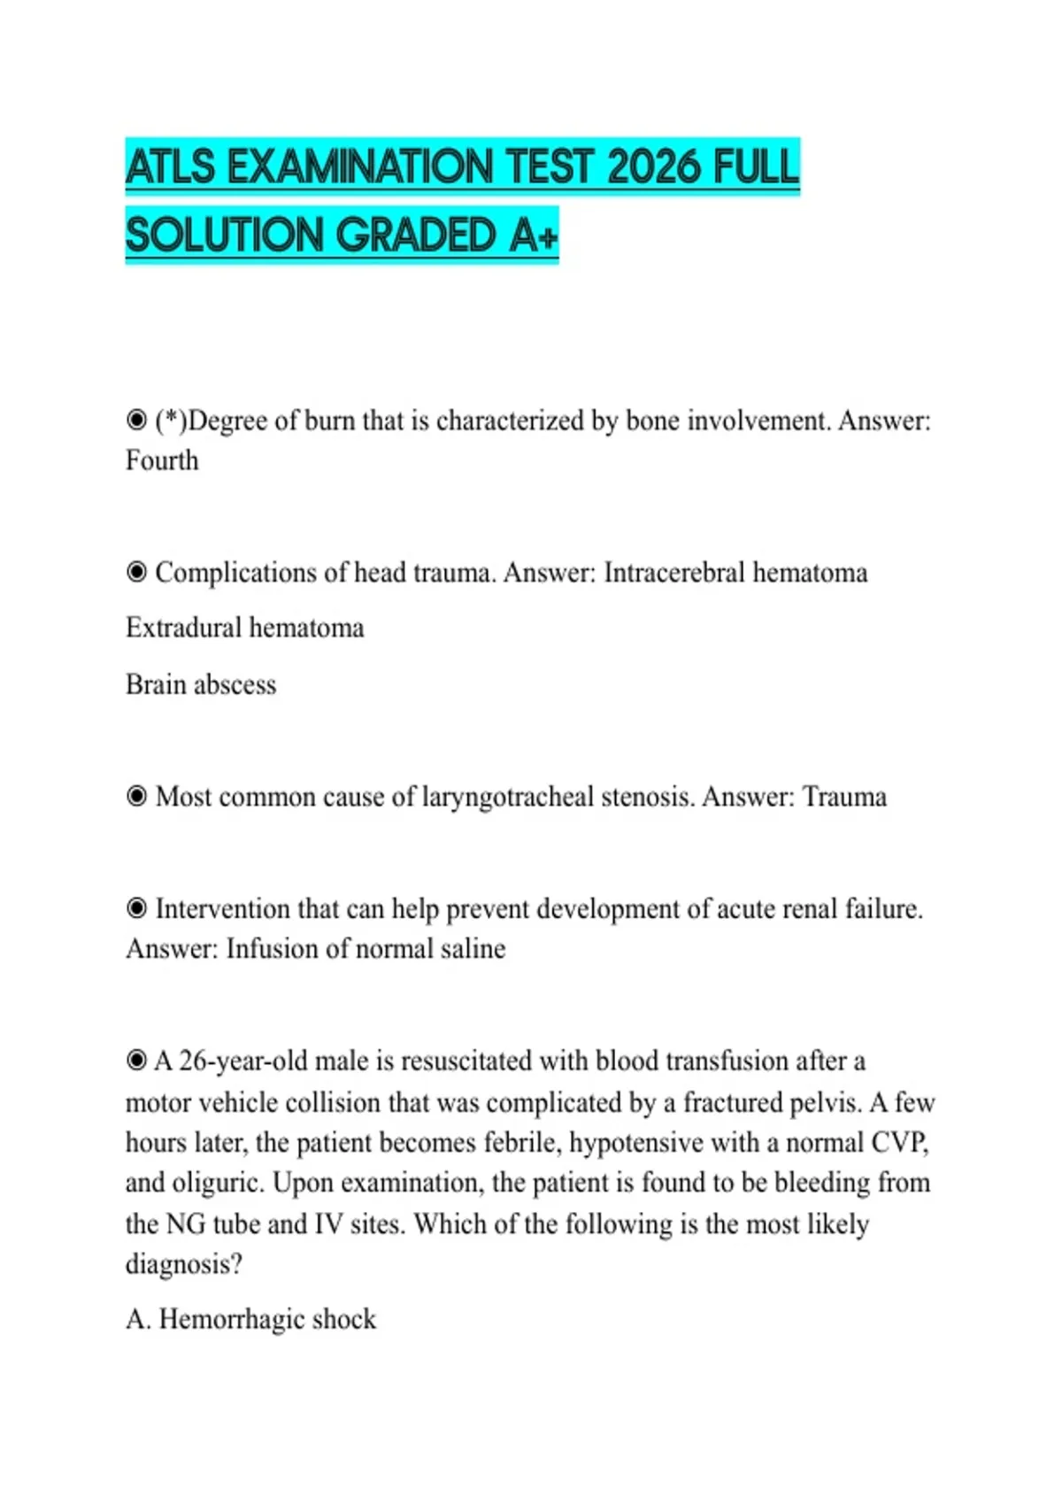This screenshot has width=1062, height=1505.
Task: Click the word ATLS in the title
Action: click(171, 166)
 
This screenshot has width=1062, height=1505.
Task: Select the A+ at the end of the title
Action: click(534, 235)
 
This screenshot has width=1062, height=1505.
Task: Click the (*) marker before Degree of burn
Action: click(171, 420)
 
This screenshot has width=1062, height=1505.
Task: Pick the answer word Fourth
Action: click(162, 460)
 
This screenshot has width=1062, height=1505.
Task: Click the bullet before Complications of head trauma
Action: click(136, 573)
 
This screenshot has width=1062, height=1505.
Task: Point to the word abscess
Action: click(235, 684)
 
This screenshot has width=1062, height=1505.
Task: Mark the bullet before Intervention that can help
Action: click(136, 909)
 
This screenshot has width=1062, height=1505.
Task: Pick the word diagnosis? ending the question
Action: click(183, 1264)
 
